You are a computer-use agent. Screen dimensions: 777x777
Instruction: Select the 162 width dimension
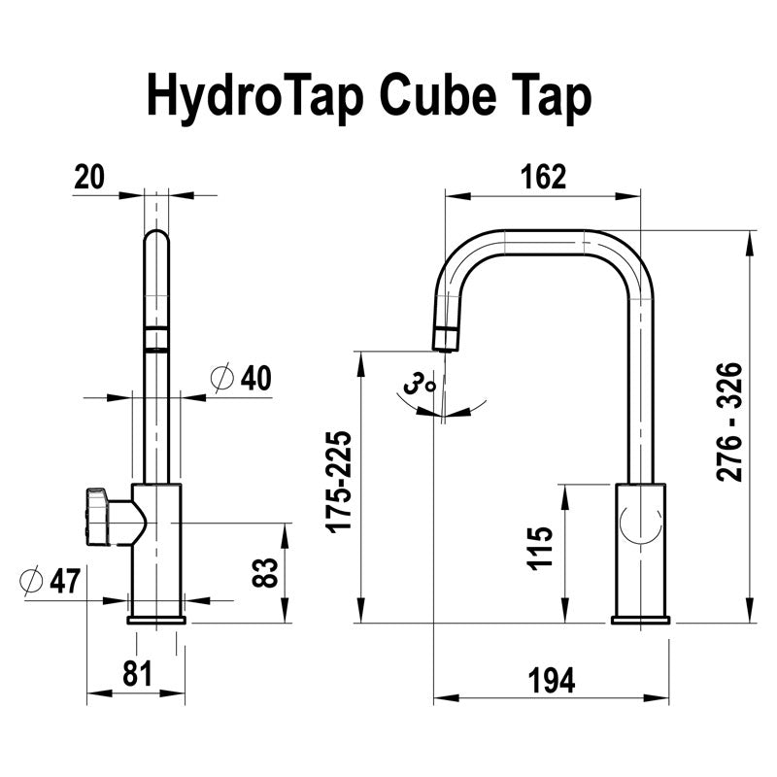tap(542, 177)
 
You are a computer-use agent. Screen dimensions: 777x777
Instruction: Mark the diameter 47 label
tap(51, 581)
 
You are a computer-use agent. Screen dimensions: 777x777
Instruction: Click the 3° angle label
tap(421, 386)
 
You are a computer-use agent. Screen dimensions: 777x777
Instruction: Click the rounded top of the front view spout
tap(155, 238)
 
